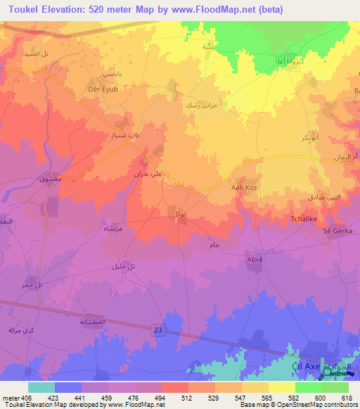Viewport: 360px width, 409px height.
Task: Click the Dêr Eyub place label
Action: pos(98,89)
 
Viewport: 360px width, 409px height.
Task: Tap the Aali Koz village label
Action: pos(243,188)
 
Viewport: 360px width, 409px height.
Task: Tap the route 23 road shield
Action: pos(156,328)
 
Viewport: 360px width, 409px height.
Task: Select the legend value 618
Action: pos(347,398)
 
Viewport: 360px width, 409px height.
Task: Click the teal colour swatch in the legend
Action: pos(41,387)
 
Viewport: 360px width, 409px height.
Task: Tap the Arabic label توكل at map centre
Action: pos(179,213)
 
